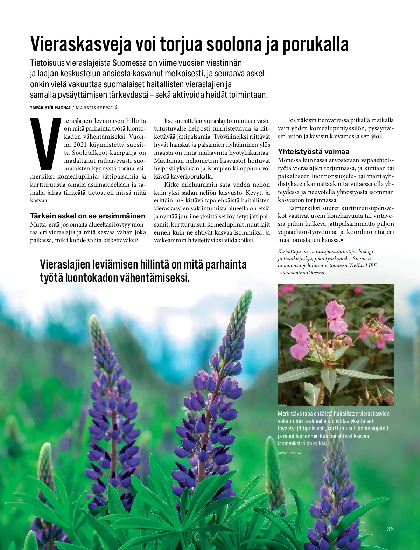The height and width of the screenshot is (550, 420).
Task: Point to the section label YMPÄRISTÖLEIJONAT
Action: coord(50,107)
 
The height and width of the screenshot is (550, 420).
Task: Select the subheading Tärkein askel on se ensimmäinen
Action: coord(87,216)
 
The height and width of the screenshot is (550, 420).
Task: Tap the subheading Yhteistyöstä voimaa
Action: coord(313,152)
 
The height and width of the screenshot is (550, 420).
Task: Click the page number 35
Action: coord(390,529)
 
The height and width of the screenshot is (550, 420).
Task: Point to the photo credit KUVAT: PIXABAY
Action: coord(289,453)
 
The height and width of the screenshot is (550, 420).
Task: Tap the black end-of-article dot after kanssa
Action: coord(342,240)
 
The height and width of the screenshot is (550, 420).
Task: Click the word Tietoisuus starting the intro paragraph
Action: coord(48,63)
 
